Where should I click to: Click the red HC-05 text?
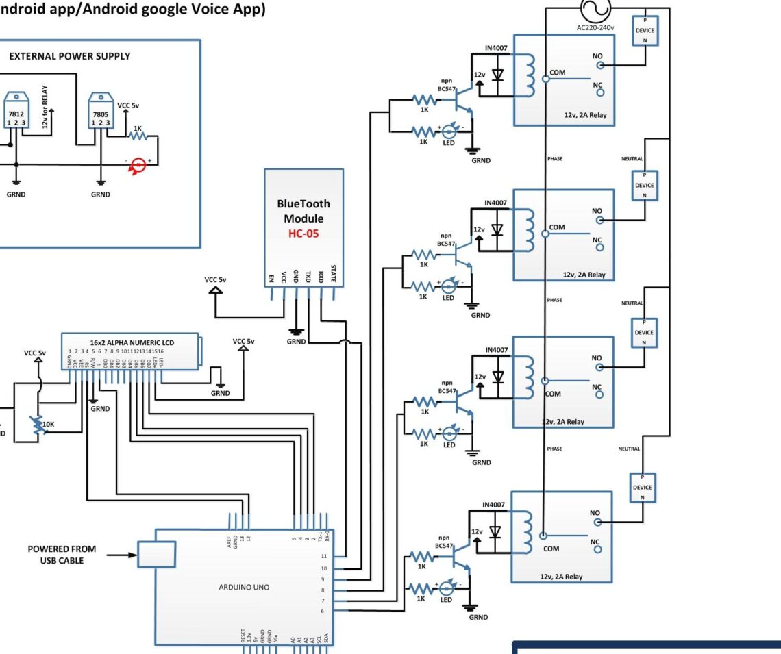click(303, 233)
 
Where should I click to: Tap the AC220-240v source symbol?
click(591, 11)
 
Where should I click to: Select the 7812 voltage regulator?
click(15, 113)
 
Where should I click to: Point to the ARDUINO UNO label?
click(244, 587)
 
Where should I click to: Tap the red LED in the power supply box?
click(139, 165)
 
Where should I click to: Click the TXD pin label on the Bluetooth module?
click(308, 277)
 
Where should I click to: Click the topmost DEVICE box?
click(644, 31)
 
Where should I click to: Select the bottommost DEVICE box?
click(643, 487)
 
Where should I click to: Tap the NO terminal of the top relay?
click(600, 66)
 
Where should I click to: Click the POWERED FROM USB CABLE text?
click(62, 555)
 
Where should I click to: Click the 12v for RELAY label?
click(45, 110)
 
